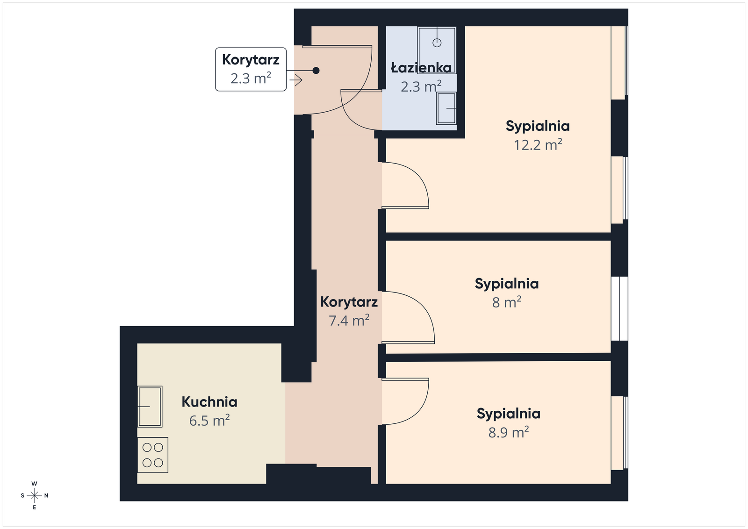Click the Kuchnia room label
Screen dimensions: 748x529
tap(209, 402)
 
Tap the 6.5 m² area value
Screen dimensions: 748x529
tap(209, 420)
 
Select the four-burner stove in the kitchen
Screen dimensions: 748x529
tap(153, 455)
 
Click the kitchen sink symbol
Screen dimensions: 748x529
tap(150, 407)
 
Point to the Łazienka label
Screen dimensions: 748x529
tap(421, 68)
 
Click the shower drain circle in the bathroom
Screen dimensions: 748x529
tap(437, 43)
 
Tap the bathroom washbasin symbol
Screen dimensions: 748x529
tap(446, 108)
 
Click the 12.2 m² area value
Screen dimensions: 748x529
tap(538, 145)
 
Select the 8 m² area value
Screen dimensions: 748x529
tap(507, 302)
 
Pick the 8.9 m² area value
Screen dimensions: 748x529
tap(509, 432)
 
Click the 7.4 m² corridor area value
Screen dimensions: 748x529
tap(349, 321)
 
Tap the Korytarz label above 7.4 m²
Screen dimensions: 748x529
tap(349, 302)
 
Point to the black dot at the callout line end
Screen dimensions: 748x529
tap(316, 71)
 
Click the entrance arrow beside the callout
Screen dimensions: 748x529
tap(296, 80)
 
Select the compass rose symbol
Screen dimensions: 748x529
tap(34, 496)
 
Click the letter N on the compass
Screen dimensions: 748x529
tap(46, 496)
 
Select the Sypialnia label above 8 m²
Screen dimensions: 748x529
tap(507, 284)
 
